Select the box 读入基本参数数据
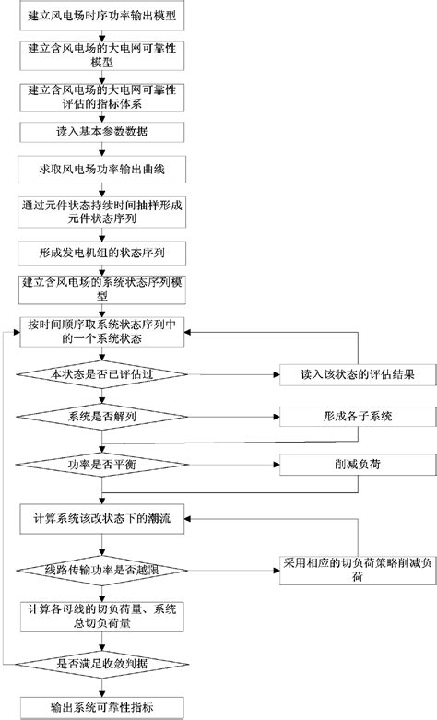point(103,133)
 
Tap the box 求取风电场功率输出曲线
point(103,171)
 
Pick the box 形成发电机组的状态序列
point(103,251)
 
